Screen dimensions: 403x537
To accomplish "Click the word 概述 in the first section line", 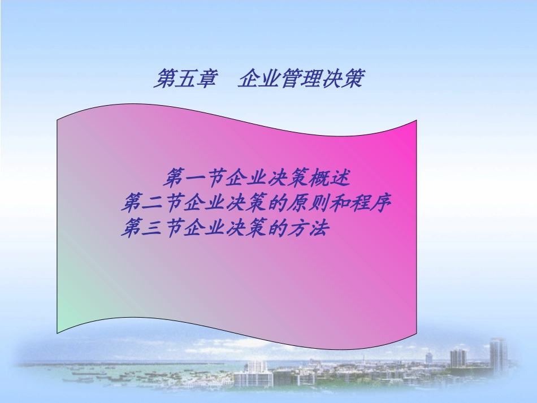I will click(x=334, y=179).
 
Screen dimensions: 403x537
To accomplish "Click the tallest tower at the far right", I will click(x=498, y=354).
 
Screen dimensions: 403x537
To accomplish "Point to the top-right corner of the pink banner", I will click(x=416, y=122).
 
